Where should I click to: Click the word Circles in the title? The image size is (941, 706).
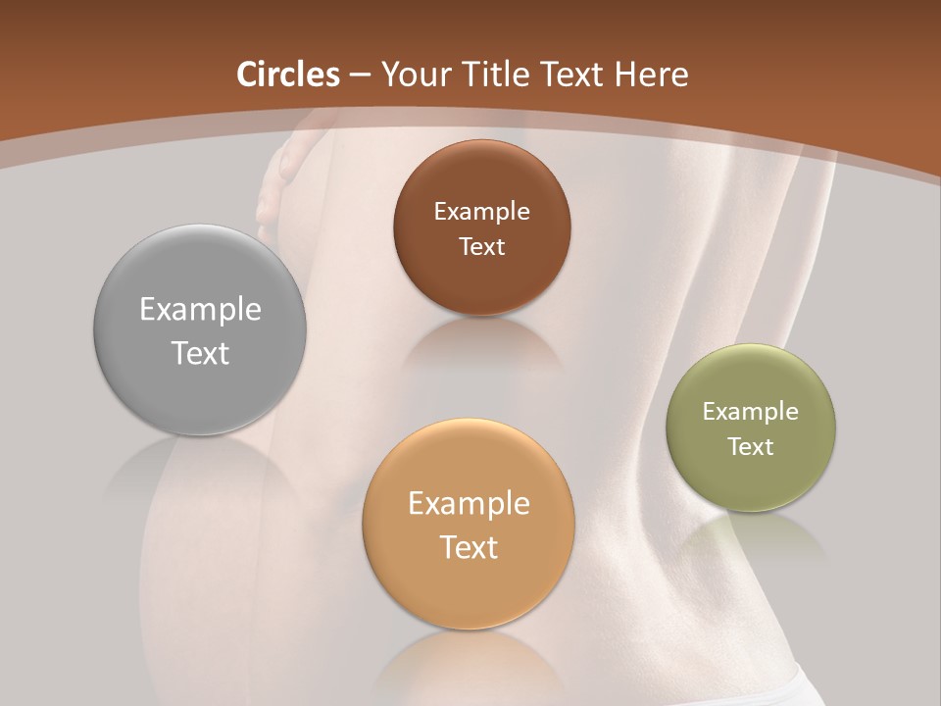pos(288,75)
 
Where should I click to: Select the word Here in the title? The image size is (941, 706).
pos(652,75)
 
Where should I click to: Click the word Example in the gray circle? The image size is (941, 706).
pos(200,310)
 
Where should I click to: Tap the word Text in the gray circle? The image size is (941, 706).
pos(200,353)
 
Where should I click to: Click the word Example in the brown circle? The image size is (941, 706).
pos(481,212)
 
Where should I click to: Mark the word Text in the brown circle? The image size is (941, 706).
pos(481,247)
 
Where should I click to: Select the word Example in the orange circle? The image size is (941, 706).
pos(469,504)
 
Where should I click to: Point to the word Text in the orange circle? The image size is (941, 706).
pos(469,547)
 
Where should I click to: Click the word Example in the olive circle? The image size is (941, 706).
pos(751,412)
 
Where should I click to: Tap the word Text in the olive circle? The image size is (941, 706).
pos(751,447)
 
